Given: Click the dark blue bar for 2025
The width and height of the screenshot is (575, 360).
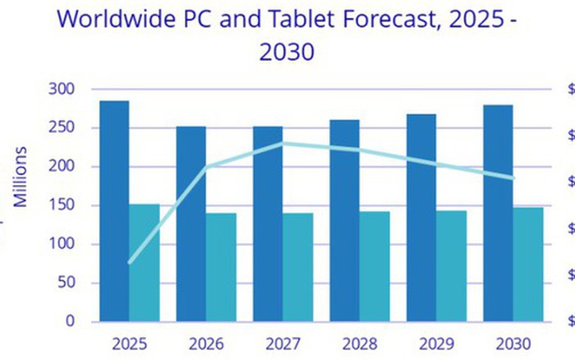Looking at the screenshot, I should [113, 211].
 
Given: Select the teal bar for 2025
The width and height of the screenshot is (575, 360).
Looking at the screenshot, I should [144, 263].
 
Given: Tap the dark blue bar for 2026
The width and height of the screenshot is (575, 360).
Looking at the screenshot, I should [191, 224].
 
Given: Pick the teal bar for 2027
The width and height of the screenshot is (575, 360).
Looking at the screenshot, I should [298, 267].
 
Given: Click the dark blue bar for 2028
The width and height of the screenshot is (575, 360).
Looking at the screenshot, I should [344, 220].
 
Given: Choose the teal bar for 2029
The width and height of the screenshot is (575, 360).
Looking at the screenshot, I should [451, 266].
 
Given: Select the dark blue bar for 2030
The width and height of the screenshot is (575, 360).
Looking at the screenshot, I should [498, 213].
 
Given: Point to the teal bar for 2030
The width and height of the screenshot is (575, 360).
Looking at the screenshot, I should [528, 264].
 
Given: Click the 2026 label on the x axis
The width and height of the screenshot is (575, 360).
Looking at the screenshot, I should [205, 342].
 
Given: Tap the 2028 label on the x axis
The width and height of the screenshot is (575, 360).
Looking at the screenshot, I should [360, 342].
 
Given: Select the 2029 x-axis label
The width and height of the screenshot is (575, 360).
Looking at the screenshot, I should [436, 342].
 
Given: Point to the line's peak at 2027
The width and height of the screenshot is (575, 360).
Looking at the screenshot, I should [283, 143].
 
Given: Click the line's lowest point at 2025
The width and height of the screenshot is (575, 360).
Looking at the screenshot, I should [130, 262].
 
